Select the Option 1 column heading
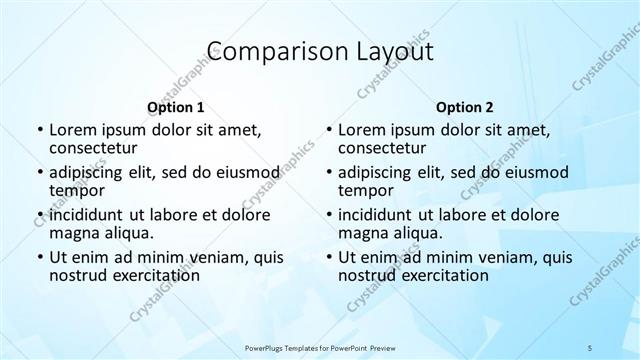(175, 106)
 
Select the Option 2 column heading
(465, 106)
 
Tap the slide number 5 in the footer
(590, 347)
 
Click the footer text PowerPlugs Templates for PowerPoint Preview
(320, 347)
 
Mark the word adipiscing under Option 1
(90, 171)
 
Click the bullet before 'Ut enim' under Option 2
(329, 257)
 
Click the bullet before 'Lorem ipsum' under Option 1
(39, 130)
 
